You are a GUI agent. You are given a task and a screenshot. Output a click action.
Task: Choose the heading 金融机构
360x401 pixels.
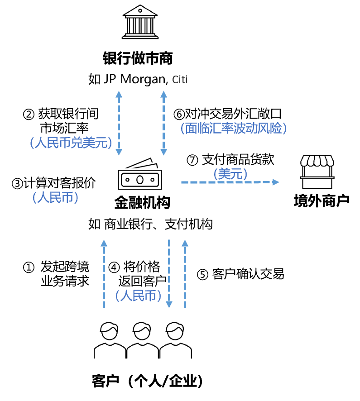point(142,203)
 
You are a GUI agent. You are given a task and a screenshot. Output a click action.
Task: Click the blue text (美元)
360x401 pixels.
point(230,173)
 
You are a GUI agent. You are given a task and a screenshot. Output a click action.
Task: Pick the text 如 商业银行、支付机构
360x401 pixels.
point(150,224)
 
